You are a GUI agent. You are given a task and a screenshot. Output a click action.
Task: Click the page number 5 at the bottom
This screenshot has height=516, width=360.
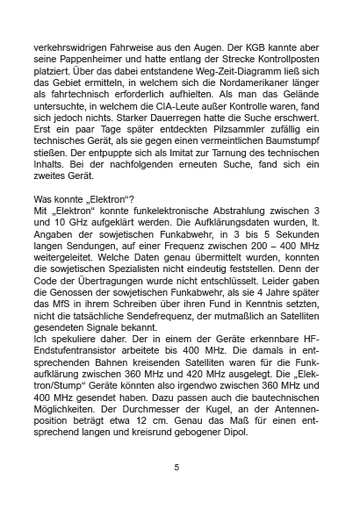click(177, 467)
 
